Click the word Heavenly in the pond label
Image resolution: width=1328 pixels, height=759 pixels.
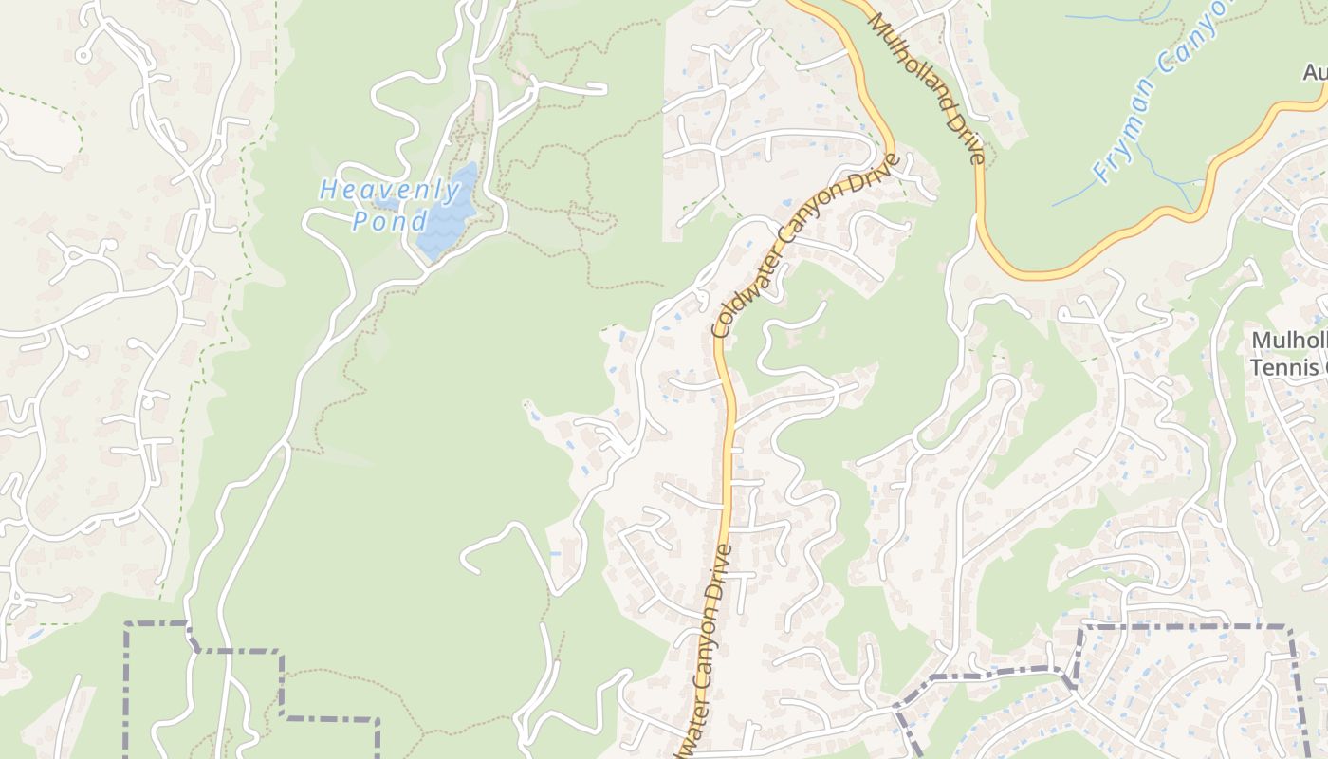point(378,189)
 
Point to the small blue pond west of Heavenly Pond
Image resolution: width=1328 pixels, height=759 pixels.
point(386,203)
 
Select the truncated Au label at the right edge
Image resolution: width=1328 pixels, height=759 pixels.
point(1315,72)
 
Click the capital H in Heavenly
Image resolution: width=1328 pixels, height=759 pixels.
point(328,189)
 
